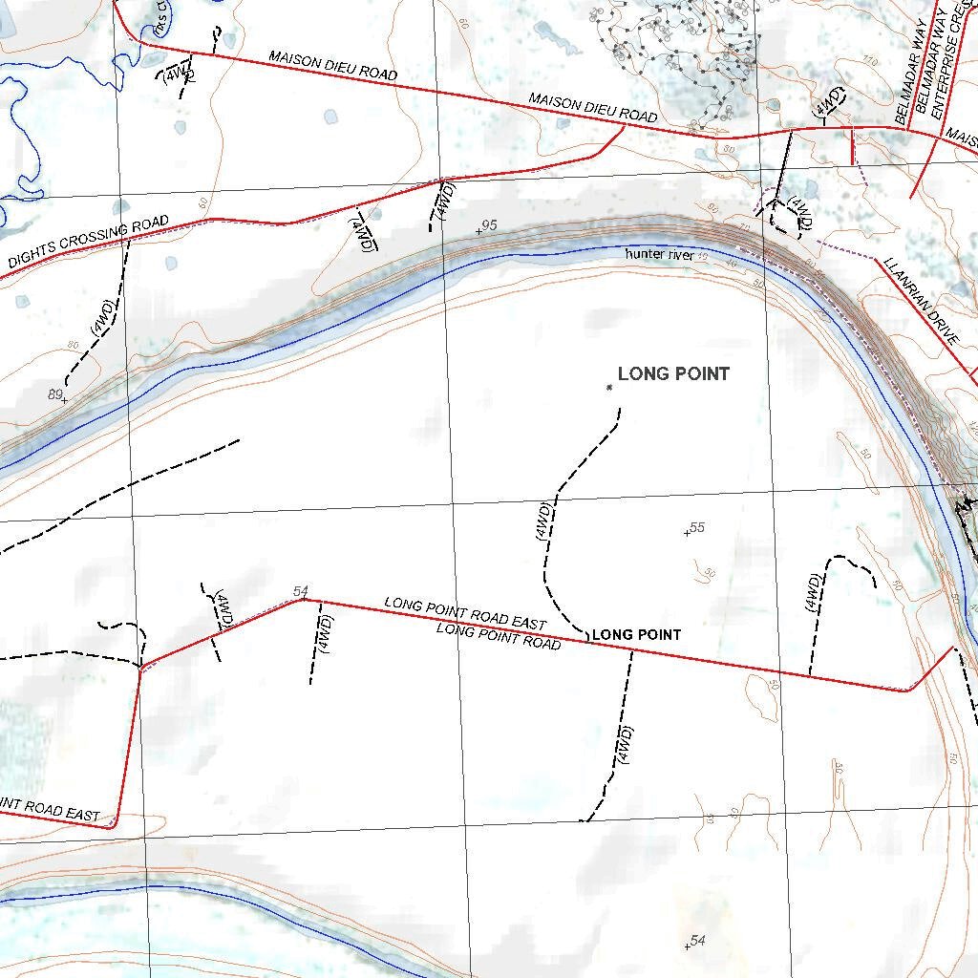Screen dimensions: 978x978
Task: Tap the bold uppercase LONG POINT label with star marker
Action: [x=673, y=373]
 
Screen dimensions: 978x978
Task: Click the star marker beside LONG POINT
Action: [x=608, y=387]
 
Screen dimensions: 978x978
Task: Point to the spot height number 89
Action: [x=54, y=393]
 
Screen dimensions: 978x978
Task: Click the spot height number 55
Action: [x=697, y=528]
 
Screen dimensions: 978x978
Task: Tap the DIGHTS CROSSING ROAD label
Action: [x=89, y=242]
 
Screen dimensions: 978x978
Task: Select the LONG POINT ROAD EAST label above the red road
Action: [x=465, y=611]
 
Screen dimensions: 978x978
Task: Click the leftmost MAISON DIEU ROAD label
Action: [x=332, y=65]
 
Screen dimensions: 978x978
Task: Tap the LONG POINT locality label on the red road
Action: [x=637, y=635]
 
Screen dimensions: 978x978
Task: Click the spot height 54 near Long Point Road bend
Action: [x=301, y=592]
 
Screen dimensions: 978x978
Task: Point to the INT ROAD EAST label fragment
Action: [x=50, y=808]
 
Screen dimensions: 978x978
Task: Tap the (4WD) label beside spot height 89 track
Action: [x=102, y=317]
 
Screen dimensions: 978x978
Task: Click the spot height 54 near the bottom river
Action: [x=697, y=942]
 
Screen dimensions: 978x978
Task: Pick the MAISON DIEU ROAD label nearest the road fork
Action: [x=593, y=108]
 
